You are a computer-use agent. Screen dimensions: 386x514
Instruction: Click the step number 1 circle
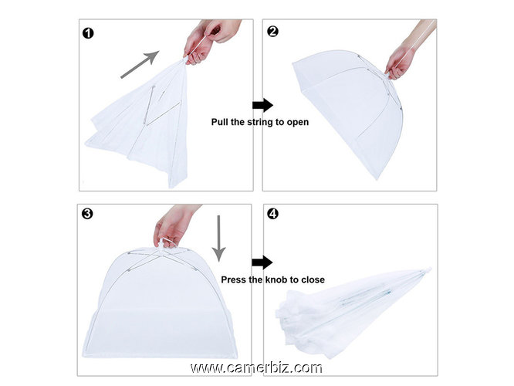89,33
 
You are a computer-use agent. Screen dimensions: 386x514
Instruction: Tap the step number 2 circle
272,33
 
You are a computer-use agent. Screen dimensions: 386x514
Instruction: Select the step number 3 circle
88,213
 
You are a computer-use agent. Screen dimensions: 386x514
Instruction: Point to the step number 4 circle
272,214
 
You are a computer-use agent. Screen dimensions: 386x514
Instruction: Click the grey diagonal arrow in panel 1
140,64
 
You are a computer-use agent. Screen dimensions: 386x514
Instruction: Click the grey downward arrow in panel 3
218,238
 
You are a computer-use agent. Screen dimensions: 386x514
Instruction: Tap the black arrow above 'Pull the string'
262,104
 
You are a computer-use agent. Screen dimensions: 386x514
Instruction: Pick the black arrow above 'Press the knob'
262,262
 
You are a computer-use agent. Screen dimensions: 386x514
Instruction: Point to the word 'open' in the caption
298,122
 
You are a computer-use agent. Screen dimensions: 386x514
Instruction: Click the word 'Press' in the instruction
235,279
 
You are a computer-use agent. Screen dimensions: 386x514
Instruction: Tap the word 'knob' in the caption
278,279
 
